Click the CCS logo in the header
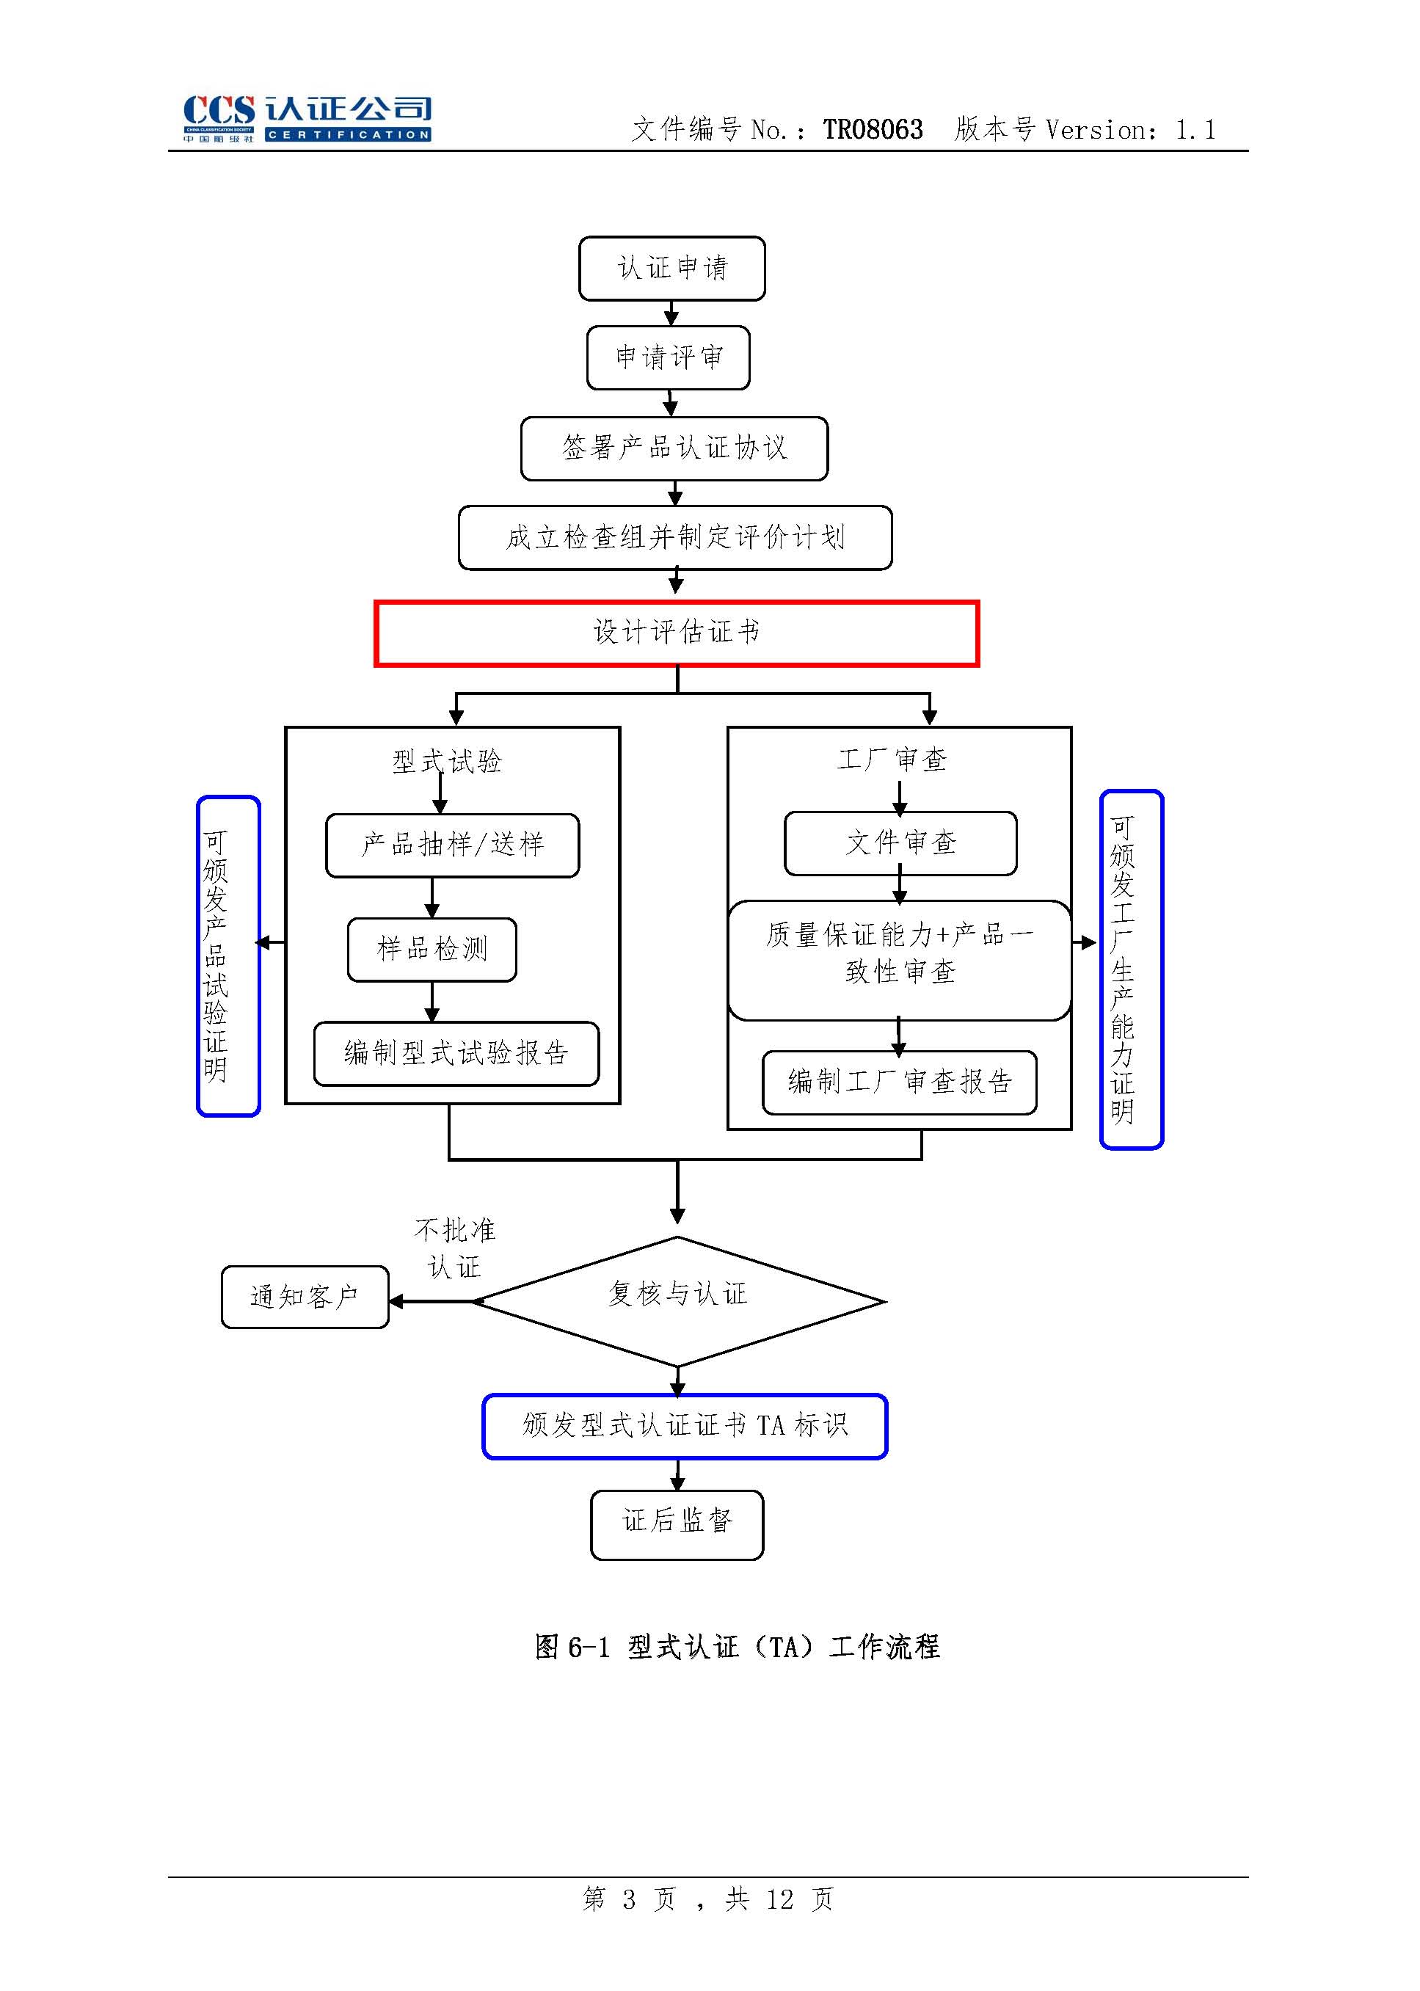click(306, 118)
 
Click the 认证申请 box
click(671, 269)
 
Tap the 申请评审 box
click(668, 357)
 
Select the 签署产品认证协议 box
click(674, 448)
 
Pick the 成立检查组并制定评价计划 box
click(675, 538)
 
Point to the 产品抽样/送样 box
click(452, 845)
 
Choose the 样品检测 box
click(432, 950)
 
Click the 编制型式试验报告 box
click(456, 1054)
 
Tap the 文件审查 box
click(900, 844)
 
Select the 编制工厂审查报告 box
click(900, 1082)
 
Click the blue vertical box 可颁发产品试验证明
click(228, 956)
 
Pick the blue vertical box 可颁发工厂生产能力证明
click(1131, 969)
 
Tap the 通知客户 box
click(305, 1297)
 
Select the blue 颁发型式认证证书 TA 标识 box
click(685, 1426)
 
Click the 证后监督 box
click(677, 1524)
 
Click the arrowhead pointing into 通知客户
click(396, 1301)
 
